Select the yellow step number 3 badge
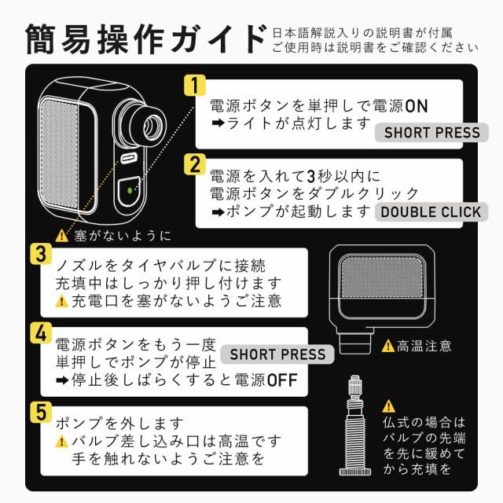click(39, 256)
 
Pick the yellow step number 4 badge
click(39, 331)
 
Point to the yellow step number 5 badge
click(39, 412)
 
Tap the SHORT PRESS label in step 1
click(431, 131)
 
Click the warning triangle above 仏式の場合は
click(388, 406)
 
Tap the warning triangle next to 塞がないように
click(62, 235)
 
